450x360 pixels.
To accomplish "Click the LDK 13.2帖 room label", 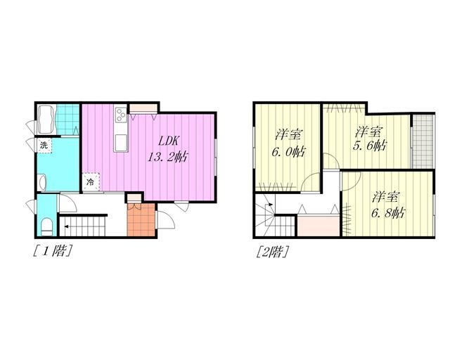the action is (x=168, y=149).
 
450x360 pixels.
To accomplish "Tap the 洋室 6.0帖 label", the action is (x=289, y=143).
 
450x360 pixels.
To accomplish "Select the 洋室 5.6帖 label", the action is (x=369, y=139).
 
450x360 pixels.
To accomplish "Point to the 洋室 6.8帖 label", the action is (x=388, y=205).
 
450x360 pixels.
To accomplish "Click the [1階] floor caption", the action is (x=52, y=251).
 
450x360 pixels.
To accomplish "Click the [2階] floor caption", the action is (x=272, y=252).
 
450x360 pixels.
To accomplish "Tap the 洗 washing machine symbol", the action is (x=44, y=146).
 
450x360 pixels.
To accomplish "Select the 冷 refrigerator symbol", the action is (x=91, y=181).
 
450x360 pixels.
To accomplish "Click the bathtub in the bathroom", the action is (x=46, y=119).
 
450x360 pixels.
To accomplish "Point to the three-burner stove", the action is (x=121, y=115).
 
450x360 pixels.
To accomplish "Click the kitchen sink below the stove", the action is (x=120, y=142).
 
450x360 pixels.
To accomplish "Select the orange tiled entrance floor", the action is (x=141, y=219).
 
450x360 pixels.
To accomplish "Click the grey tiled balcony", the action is (x=423, y=141).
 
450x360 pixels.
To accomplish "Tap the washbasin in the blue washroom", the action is (x=42, y=182).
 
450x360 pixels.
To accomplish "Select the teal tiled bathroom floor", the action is (x=67, y=120).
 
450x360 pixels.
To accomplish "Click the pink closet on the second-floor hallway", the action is (x=319, y=226).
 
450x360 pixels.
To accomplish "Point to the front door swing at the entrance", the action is (x=166, y=219).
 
